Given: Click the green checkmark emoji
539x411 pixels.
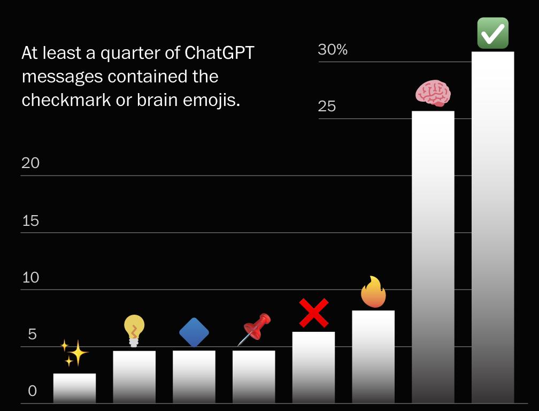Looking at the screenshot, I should [492, 33].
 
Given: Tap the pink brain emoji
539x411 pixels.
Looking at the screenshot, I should [433, 94].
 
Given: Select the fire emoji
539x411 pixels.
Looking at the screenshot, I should [373, 292].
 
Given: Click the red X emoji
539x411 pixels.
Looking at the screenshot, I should [313, 313].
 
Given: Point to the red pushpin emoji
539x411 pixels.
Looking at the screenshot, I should [255, 329].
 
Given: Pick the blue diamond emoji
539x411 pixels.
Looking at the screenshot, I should [194, 332].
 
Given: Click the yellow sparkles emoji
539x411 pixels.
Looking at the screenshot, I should [74, 353].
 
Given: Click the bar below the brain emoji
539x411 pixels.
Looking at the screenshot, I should [433, 257].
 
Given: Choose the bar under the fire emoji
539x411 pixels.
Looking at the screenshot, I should [373, 356].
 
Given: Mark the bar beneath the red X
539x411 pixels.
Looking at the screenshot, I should [313, 367].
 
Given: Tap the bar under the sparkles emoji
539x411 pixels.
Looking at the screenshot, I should [74, 388].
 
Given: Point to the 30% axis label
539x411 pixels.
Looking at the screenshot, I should [333, 50].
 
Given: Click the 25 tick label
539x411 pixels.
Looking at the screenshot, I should [327, 106].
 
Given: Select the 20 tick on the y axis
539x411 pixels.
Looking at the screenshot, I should [30, 163].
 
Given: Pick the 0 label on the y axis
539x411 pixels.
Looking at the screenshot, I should [33, 391].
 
